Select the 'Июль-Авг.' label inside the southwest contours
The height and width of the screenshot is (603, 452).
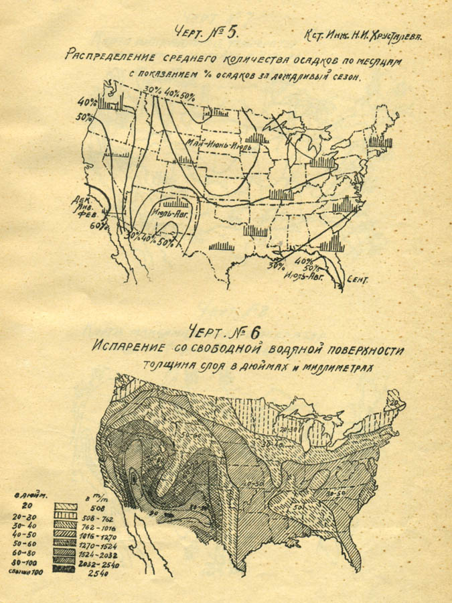click(169, 214)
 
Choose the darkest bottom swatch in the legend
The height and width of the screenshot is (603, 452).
click(66, 568)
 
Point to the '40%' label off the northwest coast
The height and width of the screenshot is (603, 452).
click(86, 103)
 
